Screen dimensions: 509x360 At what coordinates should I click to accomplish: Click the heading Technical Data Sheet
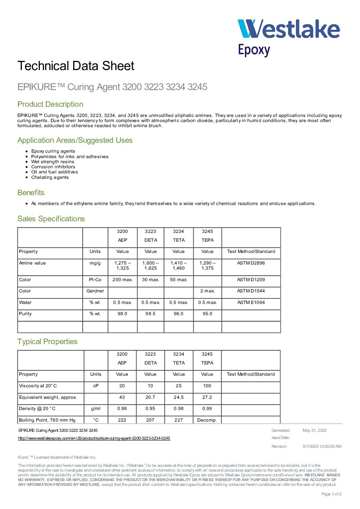[x=76, y=66]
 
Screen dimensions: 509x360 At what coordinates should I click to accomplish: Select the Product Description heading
[x=50, y=104]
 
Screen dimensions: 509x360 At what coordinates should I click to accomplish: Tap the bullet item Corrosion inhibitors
[x=53, y=167]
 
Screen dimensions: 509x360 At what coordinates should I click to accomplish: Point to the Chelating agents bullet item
[x=50, y=177]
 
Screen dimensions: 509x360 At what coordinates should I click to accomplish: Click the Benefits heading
[x=31, y=193]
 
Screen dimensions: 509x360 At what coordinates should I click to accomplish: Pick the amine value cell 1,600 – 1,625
[x=150, y=266]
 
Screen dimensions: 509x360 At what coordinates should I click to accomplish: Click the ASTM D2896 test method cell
[x=251, y=263]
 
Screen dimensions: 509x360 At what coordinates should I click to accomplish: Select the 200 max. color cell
[x=122, y=280]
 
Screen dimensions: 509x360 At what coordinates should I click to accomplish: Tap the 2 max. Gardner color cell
[x=207, y=291]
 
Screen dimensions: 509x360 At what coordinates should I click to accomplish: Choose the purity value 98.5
[x=150, y=314]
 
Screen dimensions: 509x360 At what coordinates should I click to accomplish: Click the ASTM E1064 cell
[x=251, y=303]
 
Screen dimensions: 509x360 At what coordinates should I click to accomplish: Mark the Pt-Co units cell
[x=95, y=280]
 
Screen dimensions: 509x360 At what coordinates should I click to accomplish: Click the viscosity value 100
[x=207, y=386]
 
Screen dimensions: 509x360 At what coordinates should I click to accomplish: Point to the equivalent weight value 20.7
[x=150, y=397]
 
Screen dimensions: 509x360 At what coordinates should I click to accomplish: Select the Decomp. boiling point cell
[x=207, y=420]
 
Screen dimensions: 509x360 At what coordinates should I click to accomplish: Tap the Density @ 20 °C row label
[x=37, y=409]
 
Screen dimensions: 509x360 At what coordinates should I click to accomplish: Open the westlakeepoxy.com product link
[x=94, y=438]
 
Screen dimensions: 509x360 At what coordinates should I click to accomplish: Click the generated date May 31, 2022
[x=314, y=430]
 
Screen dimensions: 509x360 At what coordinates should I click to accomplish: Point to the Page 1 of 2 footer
[x=331, y=494]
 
